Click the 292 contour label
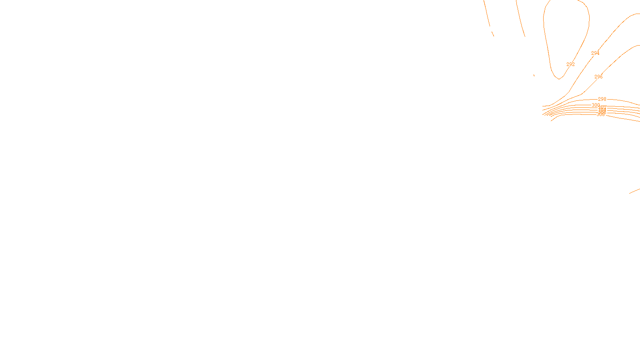pyautogui.click(x=570, y=64)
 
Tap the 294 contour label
pyautogui.click(x=595, y=53)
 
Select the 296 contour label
pyautogui.click(x=598, y=77)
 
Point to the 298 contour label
pyautogui.click(x=602, y=99)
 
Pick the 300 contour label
pyautogui.click(x=596, y=105)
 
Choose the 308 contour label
pyautogui.click(x=600, y=114)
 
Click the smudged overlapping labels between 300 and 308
pyautogui.click(x=602, y=109)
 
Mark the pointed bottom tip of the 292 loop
pyautogui.click(x=559, y=79)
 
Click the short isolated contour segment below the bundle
pyautogui.click(x=634, y=191)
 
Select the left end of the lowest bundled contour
pyautogui.click(x=552, y=120)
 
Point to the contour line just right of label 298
pyautogui.click(x=616, y=100)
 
